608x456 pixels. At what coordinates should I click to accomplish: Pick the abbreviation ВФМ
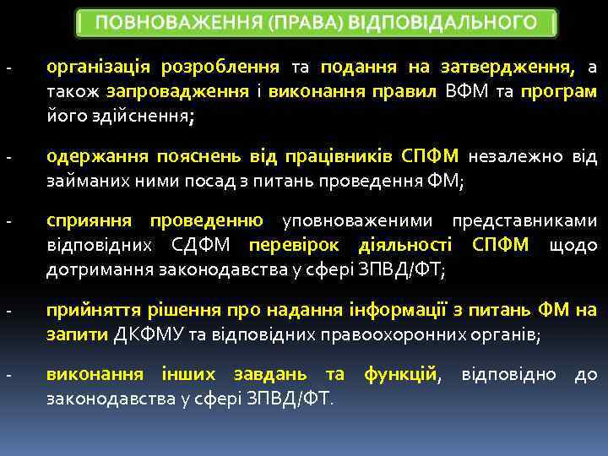tap(465, 91)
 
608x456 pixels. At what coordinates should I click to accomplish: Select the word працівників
tap(344, 157)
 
